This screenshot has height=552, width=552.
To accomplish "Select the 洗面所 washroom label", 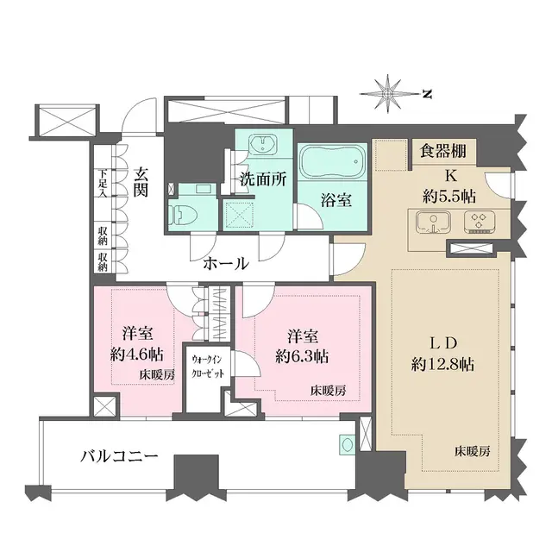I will click(x=263, y=183).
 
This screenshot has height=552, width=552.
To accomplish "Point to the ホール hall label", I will click(x=226, y=263).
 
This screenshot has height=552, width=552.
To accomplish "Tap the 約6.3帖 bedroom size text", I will click(x=300, y=354).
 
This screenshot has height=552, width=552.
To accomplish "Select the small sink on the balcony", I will click(x=347, y=445).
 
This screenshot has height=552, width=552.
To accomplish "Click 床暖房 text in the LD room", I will click(x=474, y=451).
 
